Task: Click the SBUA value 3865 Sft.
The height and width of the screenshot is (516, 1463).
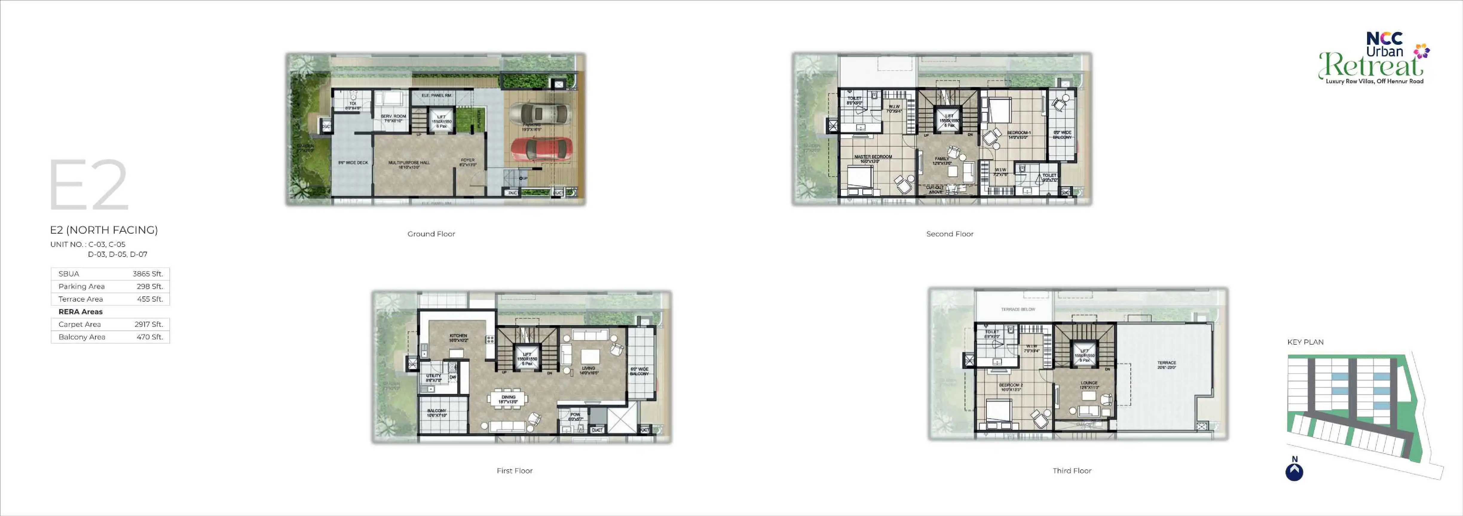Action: [x=148, y=274]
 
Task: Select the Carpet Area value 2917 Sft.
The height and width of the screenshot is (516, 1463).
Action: [x=148, y=324]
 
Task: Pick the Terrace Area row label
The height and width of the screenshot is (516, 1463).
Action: [x=81, y=299]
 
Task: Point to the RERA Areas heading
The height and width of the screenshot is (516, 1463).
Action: [x=81, y=312]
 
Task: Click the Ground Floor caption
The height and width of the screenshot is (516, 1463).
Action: [x=431, y=234]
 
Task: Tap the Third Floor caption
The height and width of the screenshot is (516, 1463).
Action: [x=1072, y=471]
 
